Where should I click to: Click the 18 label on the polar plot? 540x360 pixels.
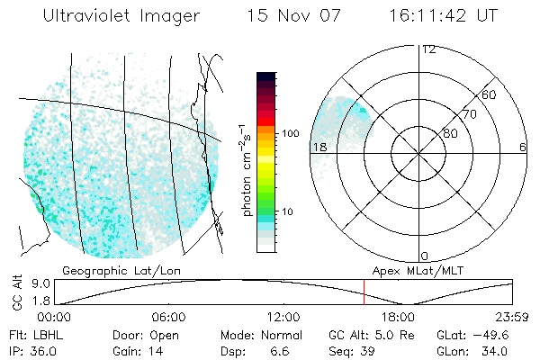tap(319, 147)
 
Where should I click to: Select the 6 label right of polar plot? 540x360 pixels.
tap(523, 147)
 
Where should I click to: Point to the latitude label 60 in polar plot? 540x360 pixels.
tap(490, 94)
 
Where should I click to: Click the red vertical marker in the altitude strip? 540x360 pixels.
tap(364, 292)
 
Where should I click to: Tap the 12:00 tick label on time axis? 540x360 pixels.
tap(283, 317)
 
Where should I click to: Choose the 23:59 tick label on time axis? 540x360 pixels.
tap(510, 317)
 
